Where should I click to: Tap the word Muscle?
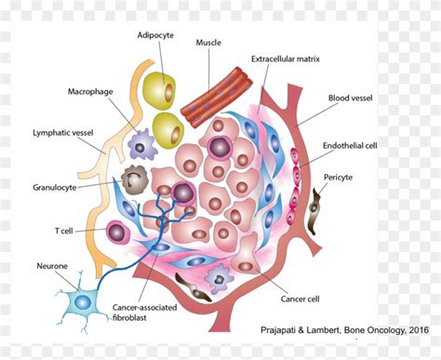point(207,43)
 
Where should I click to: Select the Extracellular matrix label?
point(286,59)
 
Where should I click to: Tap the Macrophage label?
point(90,92)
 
